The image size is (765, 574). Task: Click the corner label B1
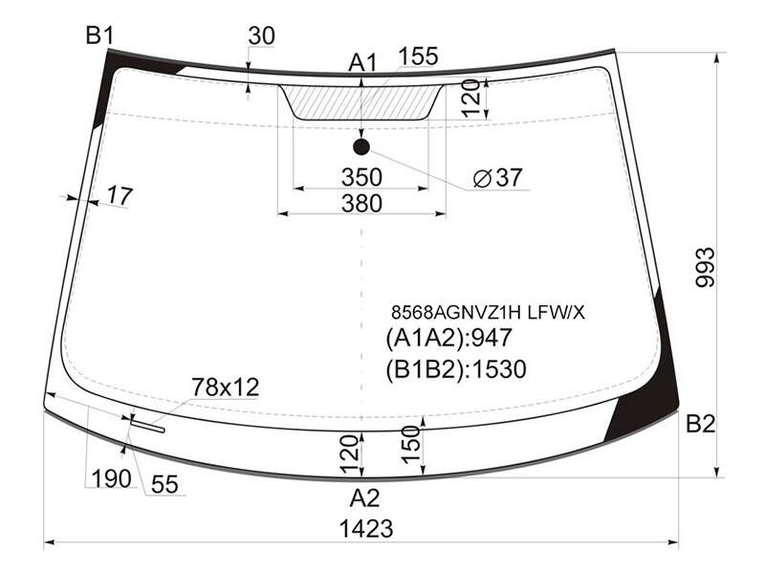point(99,35)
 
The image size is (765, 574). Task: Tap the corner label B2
point(700,424)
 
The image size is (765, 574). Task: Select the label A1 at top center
point(363,63)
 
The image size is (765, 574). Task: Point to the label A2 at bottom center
point(364,498)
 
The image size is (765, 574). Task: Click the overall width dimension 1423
point(366,529)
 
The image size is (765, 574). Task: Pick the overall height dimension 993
point(705,268)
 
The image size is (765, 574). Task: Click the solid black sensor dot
point(361,146)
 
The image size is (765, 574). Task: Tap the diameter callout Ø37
point(498,178)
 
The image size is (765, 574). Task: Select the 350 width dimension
point(361,177)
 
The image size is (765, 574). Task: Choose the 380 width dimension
point(361,203)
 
